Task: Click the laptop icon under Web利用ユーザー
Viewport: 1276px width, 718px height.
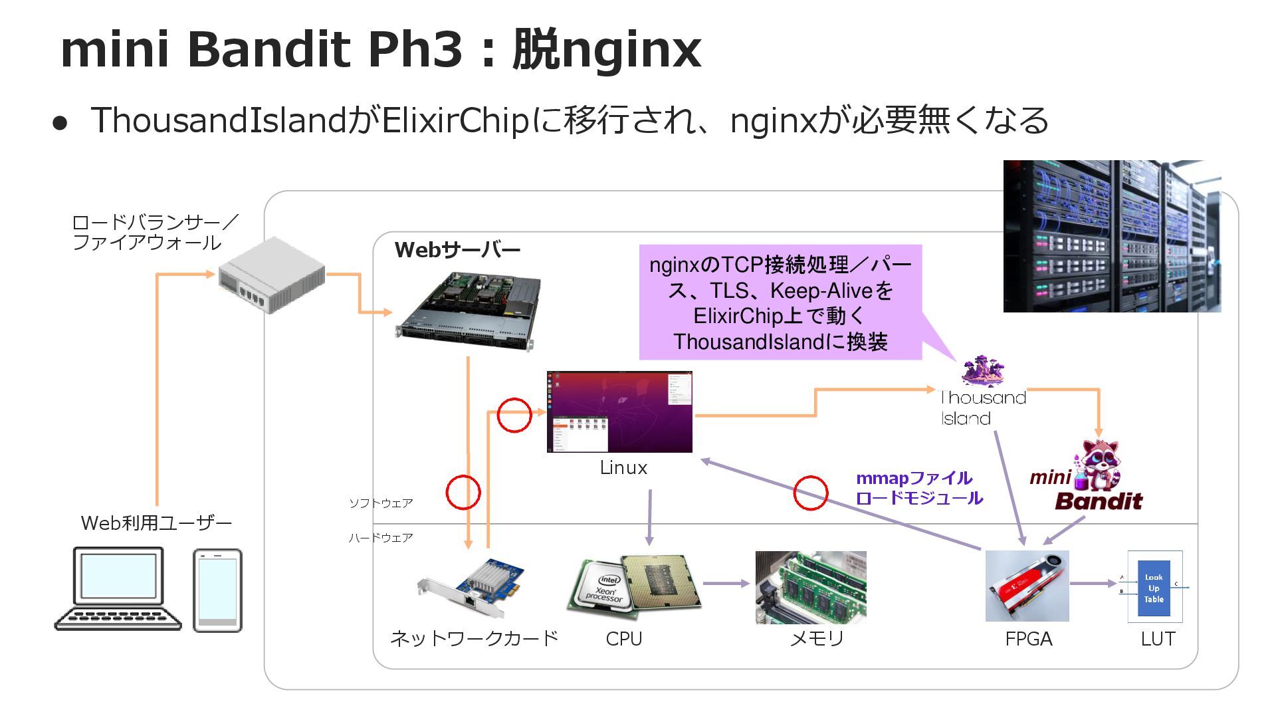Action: tap(118, 588)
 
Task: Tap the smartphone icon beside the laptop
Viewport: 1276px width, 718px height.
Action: tap(217, 590)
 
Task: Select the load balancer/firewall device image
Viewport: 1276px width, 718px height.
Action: tap(272, 275)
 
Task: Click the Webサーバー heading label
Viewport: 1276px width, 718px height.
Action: tap(457, 250)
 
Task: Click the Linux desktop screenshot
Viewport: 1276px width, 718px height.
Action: tap(619, 412)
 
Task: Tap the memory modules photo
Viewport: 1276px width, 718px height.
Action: tap(811, 587)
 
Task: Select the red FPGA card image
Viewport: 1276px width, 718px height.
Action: tap(1027, 586)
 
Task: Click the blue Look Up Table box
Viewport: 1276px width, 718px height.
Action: tap(1154, 586)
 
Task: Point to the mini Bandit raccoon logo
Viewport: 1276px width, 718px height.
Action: tap(1097, 475)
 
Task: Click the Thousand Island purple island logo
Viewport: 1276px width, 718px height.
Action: tap(983, 371)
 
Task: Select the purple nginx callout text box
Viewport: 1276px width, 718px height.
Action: tap(780, 302)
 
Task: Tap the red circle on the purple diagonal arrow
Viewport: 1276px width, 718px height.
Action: tap(811, 493)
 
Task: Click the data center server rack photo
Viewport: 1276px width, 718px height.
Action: tap(1112, 236)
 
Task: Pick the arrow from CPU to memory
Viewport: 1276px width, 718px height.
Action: tap(726, 584)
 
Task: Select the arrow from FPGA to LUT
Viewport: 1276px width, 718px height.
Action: tap(1093, 584)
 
